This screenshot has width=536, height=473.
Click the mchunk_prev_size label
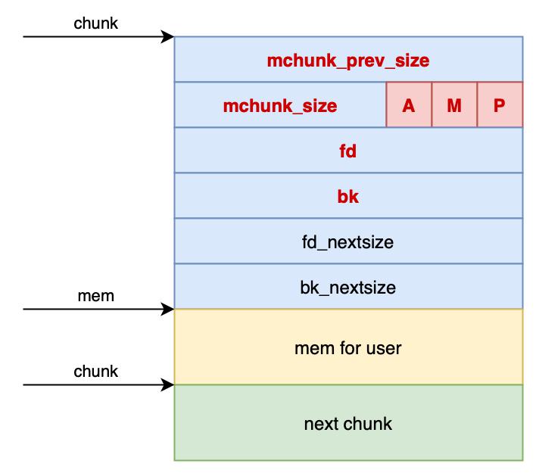coord(348,61)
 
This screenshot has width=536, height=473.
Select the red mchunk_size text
coord(280,106)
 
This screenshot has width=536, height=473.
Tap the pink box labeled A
coord(409,104)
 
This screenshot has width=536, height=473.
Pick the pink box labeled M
coord(454,104)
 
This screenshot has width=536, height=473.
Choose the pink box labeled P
coord(500,104)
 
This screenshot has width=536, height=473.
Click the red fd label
coord(348,151)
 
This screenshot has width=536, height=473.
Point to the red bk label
coord(348,197)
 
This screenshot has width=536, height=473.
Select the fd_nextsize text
coord(348,242)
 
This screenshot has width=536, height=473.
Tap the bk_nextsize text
coord(348,288)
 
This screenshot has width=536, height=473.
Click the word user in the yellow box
coord(384,349)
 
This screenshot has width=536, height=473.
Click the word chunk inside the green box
coord(365,424)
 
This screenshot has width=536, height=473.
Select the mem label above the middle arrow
coord(96,296)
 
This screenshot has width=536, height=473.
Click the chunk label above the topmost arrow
coord(95,23)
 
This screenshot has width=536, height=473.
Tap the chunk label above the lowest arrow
coord(95,371)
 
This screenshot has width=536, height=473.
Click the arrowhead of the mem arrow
coord(167,310)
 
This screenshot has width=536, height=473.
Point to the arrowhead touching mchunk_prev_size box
coord(167,36)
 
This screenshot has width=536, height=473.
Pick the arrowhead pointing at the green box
coord(167,384)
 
